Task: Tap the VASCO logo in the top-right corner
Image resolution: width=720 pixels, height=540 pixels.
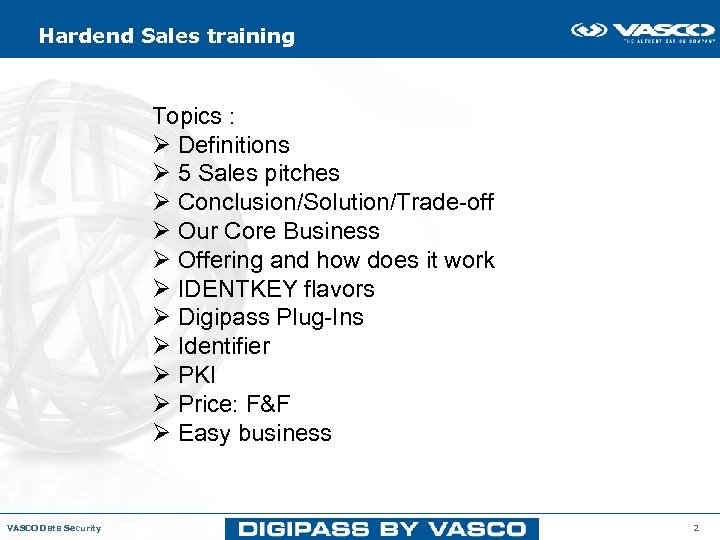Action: [x=643, y=32]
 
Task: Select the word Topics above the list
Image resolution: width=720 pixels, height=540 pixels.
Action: [x=187, y=116]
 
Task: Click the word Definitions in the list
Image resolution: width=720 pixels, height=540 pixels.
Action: [x=233, y=145]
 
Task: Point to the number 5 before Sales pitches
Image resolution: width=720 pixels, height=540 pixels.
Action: [x=185, y=174]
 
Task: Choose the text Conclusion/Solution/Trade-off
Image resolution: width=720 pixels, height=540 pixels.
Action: [x=335, y=202]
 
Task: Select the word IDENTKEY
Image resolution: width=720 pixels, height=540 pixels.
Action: [x=237, y=289]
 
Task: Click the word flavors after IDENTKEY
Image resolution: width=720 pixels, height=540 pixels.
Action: [x=338, y=289]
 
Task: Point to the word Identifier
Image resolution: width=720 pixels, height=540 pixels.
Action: [x=223, y=346]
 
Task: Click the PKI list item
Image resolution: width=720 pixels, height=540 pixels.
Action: [x=196, y=375]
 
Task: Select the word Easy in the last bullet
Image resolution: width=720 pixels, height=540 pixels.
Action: [x=203, y=433]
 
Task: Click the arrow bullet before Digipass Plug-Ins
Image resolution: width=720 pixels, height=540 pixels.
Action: [x=160, y=318]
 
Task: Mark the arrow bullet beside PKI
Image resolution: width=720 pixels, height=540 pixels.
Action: [x=160, y=375]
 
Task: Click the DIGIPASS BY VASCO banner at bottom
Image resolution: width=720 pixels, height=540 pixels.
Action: [x=381, y=528]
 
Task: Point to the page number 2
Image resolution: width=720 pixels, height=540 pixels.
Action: [x=696, y=527]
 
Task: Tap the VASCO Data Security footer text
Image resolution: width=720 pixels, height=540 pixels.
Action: [x=54, y=528]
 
